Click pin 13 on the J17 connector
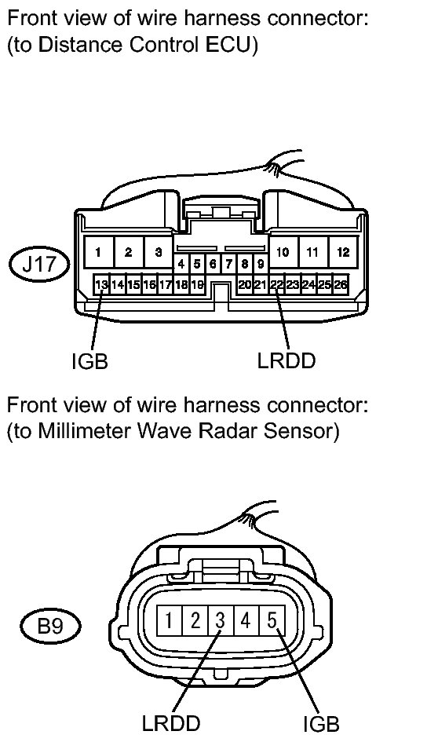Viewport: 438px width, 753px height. [x=101, y=285]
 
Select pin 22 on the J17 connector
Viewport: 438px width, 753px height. [x=276, y=285]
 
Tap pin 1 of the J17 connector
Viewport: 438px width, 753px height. [x=98, y=252]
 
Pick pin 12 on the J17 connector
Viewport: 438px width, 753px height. [x=343, y=252]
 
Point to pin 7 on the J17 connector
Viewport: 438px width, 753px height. [x=228, y=264]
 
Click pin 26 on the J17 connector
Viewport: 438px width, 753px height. [x=341, y=285]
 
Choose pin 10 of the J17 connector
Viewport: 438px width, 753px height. [x=283, y=252]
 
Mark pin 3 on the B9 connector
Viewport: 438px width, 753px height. [x=221, y=621]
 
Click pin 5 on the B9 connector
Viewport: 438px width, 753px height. [x=272, y=621]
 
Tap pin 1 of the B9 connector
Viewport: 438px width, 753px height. [x=170, y=621]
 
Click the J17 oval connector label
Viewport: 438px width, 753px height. [x=39, y=264]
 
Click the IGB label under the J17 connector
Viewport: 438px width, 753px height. [x=89, y=361]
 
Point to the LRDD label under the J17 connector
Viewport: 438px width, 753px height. [x=287, y=360]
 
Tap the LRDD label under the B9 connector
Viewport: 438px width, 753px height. [x=171, y=722]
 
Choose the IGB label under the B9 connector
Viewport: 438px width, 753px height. [x=321, y=724]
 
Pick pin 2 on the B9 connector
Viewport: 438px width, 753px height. [x=195, y=621]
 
